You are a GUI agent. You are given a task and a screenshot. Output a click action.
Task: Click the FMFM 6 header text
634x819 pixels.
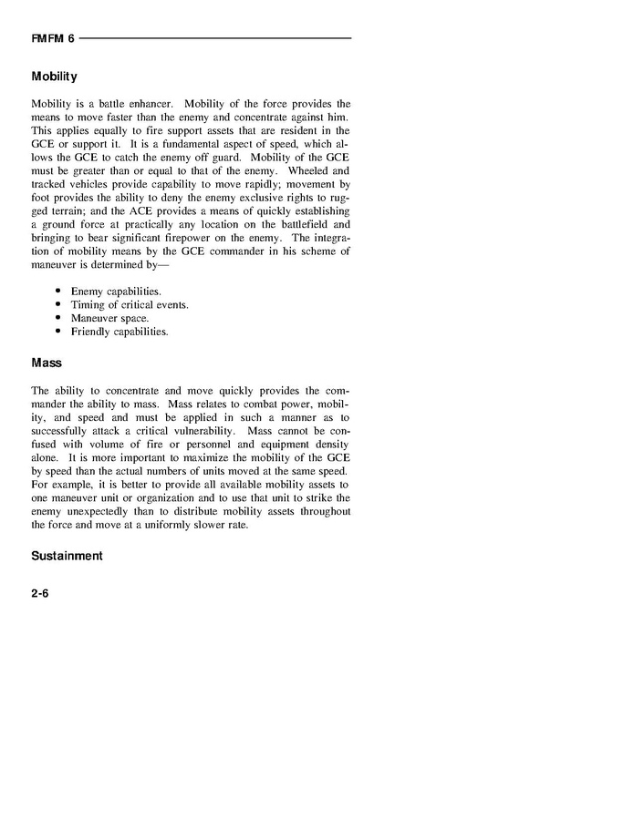52,38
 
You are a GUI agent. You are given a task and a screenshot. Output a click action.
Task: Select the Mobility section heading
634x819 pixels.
54,77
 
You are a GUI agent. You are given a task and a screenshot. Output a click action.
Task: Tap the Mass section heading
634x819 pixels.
47,363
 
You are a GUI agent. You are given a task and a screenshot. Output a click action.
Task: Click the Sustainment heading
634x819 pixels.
67,556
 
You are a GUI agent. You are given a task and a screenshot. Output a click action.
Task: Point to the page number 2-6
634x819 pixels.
41,593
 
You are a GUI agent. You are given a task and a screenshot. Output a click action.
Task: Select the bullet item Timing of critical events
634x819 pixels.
130,304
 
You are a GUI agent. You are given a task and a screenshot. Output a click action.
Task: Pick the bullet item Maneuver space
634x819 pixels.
109,318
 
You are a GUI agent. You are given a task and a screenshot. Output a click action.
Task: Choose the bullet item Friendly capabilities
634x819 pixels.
120,332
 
